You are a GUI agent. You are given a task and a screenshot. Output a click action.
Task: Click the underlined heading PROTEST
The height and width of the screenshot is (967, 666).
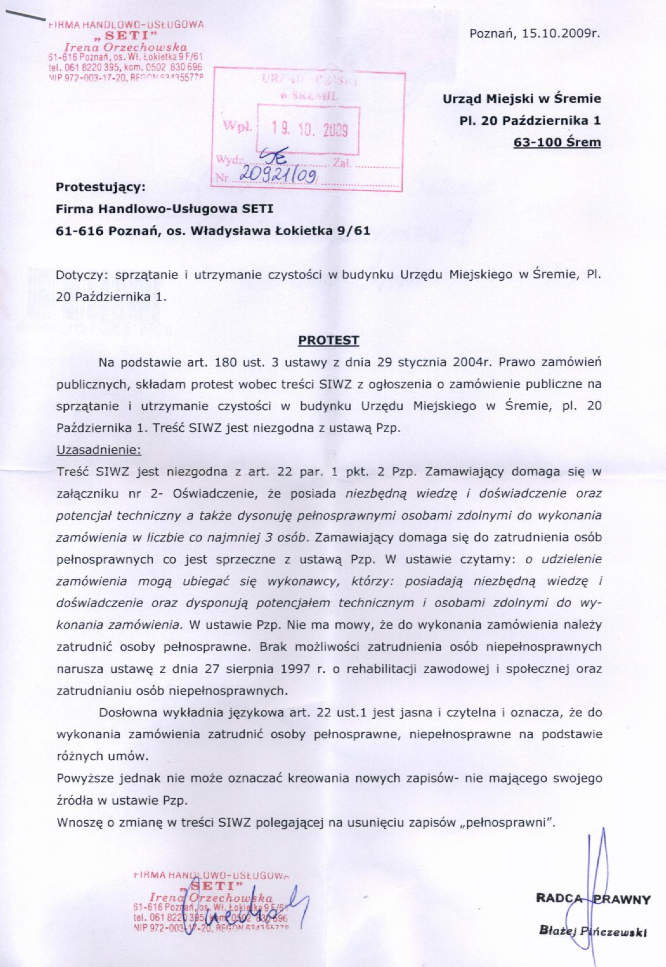point(328,340)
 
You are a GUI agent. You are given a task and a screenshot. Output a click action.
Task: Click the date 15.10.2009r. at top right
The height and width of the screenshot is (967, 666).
point(564,33)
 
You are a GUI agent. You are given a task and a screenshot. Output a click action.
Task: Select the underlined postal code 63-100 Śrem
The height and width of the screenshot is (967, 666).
point(557,142)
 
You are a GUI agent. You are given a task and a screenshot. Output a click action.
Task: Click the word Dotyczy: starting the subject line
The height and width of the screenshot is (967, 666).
point(78,275)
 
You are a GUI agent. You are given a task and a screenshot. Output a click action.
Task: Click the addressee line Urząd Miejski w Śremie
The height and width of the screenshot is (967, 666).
point(521,99)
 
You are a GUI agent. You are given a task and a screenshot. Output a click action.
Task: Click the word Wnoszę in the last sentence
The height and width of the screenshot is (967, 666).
point(77,823)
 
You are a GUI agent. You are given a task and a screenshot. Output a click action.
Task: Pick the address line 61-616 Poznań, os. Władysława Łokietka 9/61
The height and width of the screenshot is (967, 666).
point(212,231)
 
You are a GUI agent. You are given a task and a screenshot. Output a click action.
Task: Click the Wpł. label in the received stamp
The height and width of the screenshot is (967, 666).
point(234,127)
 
